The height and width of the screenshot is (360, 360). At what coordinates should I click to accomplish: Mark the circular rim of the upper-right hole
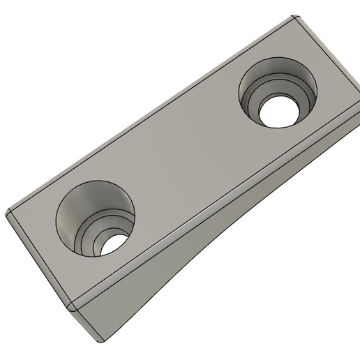point(240,87)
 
